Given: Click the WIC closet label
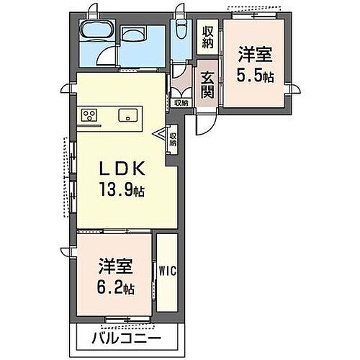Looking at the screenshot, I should tap(166, 271).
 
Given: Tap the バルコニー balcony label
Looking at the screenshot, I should tap(127, 337).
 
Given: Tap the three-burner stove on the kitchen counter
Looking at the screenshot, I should tap(90, 115).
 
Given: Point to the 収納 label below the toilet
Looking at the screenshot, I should tap(181, 103).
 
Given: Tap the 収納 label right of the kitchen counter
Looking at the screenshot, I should tap(174, 138).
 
